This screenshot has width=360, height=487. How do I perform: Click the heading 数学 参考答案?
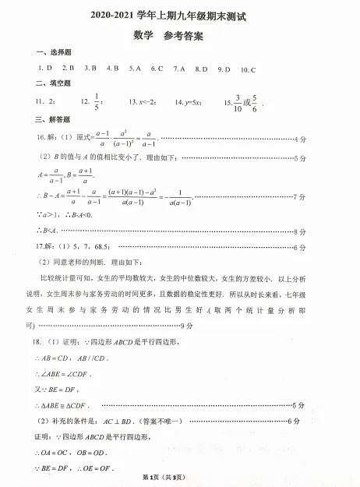(x=178, y=34)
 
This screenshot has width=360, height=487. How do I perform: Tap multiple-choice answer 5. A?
(x=136, y=68)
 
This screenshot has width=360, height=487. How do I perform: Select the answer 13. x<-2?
(x=142, y=102)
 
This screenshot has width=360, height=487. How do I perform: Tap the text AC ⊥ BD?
(x=121, y=421)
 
